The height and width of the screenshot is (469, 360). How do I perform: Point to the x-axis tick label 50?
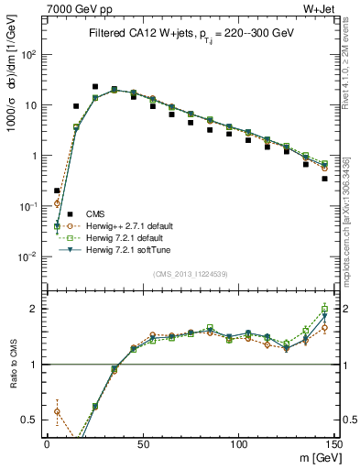(142, 442)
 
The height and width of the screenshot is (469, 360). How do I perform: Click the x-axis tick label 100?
(238, 442)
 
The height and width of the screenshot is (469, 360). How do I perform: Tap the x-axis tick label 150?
(334, 442)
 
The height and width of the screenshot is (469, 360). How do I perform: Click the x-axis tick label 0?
(47, 442)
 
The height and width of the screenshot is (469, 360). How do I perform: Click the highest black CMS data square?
(95, 87)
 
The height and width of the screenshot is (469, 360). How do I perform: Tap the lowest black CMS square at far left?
(57, 191)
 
